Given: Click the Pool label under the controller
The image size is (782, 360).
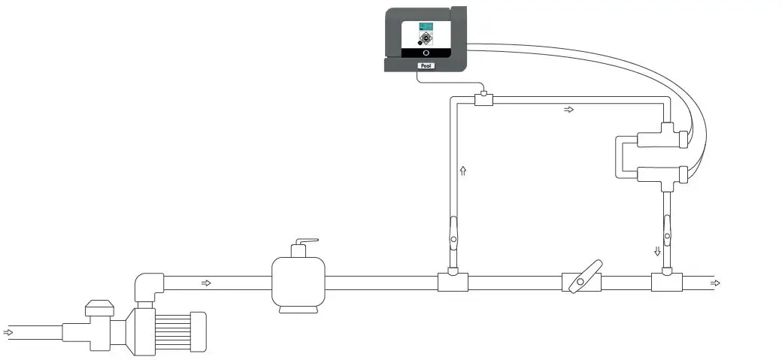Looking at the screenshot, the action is coord(426,66).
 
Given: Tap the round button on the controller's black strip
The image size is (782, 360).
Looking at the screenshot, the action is coord(426,53).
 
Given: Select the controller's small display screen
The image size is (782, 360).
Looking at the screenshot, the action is coord(426,35).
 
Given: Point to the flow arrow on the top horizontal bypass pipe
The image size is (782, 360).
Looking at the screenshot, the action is coord(568,110).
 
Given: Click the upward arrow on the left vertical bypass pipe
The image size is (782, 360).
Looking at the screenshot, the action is coord(463,172).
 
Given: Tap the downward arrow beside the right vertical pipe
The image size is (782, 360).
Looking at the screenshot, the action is coord(657,251).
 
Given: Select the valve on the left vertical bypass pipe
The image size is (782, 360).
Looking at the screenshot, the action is coord(453,233).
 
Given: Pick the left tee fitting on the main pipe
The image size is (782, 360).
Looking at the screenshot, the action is coord(453,281).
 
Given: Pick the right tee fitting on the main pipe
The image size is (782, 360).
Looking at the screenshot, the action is coord(666,282).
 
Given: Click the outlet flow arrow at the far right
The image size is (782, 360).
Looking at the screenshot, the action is coord(714,283).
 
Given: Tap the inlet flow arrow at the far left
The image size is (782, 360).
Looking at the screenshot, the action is coord(8,331).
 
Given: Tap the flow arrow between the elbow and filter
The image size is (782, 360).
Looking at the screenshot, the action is coord(206,283).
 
